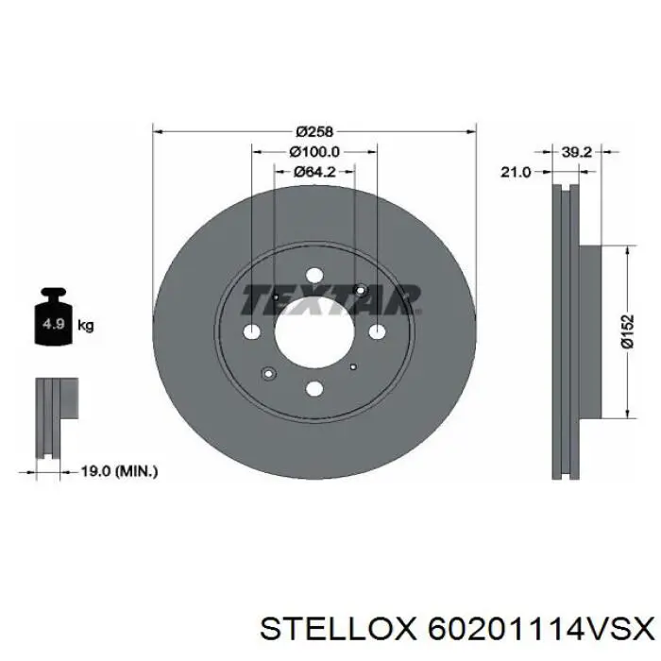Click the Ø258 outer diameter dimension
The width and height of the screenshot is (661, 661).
point(314,131)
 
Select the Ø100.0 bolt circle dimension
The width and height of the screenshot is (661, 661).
point(314,151)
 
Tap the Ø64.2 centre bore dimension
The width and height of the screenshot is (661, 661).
point(314,172)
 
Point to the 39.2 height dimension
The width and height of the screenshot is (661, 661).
point(577,152)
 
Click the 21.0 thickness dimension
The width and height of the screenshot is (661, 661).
point(516,172)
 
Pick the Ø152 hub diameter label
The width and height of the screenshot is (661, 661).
point(627,331)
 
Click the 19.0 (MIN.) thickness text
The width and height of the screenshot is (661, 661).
point(119,471)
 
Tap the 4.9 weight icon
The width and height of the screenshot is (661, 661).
point(54,316)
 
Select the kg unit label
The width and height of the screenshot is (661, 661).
point(86,326)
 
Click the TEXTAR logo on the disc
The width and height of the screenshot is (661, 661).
point(330,299)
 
